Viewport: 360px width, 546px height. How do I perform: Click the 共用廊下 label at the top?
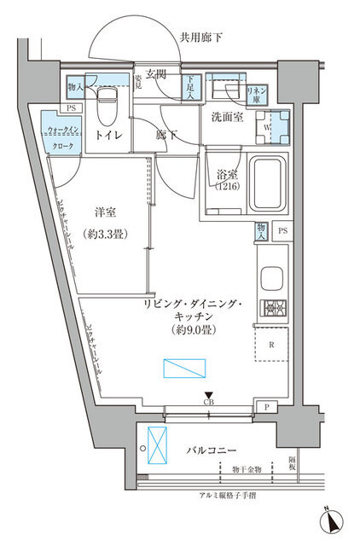[x=201, y=37]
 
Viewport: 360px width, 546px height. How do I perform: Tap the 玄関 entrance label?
[x=156, y=75]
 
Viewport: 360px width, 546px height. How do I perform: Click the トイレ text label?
[x=107, y=135]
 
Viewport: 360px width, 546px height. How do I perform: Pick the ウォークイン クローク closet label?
[x=65, y=137]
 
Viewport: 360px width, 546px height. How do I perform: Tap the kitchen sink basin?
[x=273, y=279]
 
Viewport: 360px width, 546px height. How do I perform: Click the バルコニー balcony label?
[x=209, y=448]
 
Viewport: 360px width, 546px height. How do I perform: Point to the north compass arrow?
[x=330, y=519]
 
